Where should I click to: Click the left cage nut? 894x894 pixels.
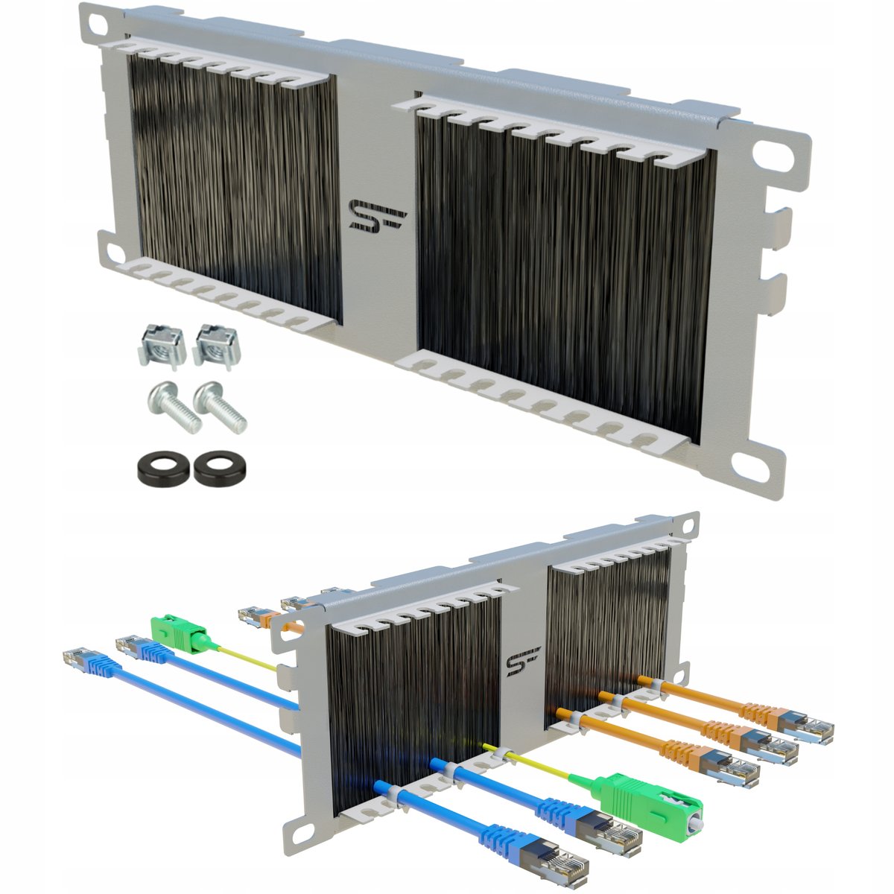tap(162, 346)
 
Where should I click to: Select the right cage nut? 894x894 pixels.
tap(217, 347)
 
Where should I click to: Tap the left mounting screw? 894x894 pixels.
tap(174, 407)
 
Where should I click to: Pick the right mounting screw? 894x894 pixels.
tap(219, 407)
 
